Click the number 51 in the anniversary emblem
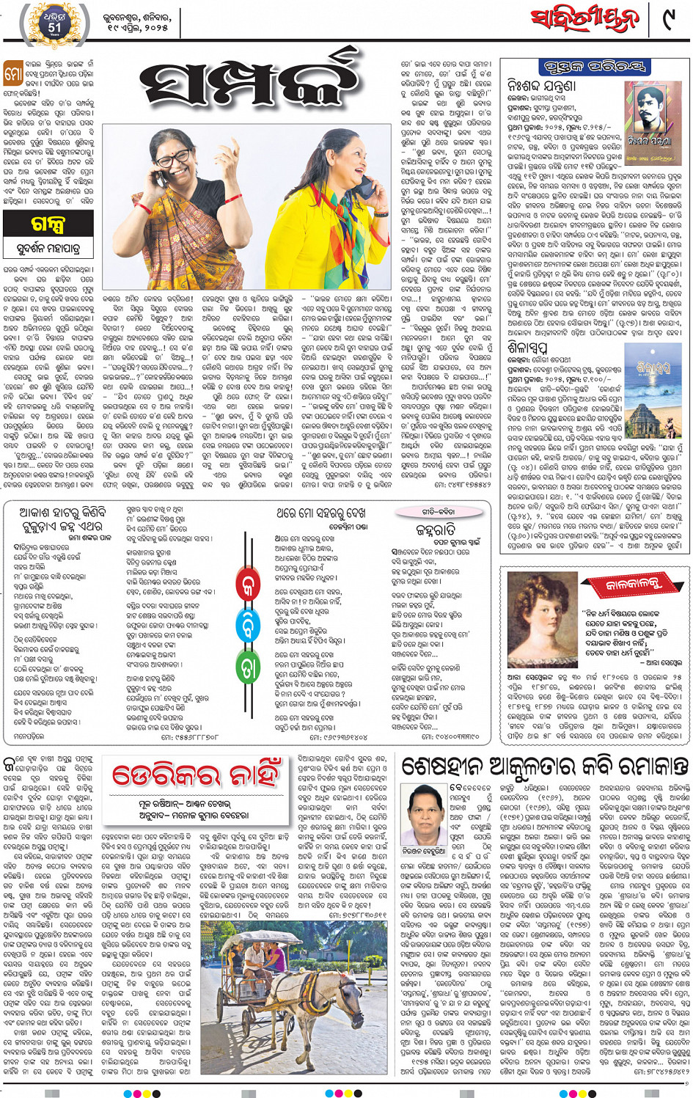[x=55, y=27]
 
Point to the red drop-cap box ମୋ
[x=12, y=73]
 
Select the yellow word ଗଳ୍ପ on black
[x=48, y=224]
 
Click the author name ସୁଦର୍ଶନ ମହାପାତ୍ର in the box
[x=48, y=249]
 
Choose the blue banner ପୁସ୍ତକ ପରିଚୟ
[x=595, y=67]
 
